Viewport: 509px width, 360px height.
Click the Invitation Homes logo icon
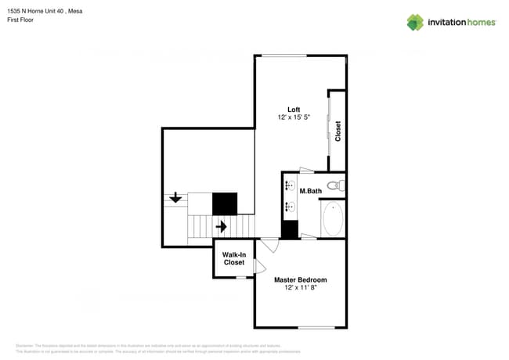click(414, 22)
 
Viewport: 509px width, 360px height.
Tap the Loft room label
click(294, 109)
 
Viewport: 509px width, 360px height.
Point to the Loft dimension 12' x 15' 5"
click(294, 117)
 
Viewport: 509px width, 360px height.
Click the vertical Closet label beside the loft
click(338, 131)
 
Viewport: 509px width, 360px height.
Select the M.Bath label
click(310, 191)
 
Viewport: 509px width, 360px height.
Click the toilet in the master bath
click(335, 186)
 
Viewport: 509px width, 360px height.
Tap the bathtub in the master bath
click(333, 218)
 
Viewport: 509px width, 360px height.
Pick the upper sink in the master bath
click(290, 186)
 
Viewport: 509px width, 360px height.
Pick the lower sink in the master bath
click(290, 207)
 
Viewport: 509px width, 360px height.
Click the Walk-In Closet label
click(234, 258)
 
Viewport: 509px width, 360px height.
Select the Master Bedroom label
click(300, 279)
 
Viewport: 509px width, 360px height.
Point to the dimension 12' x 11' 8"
click(300, 288)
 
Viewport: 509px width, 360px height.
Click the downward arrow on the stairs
click(175, 198)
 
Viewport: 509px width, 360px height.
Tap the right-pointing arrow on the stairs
click(222, 227)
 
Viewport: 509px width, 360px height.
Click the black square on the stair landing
click(225, 203)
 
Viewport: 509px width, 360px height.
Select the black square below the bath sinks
click(290, 230)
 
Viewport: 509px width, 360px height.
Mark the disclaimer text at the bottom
click(157, 348)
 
